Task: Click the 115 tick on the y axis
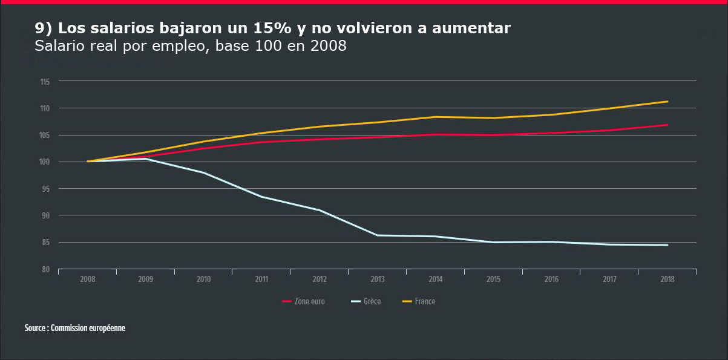[x=45, y=81]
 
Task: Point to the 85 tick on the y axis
[x=45, y=242]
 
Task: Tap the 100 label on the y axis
[x=45, y=162]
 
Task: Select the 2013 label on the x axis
[x=377, y=280]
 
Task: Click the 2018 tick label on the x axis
[x=667, y=280]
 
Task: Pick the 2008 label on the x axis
[x=88, y=280]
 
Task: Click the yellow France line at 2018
[x=667, y=102]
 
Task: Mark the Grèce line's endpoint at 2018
[x=667, y=245]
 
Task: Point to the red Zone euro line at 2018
[x=667, y=125]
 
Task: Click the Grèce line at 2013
[x=378, y=235]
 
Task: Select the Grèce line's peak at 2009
[x=146, y=159]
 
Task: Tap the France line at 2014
[x=436, y=117]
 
